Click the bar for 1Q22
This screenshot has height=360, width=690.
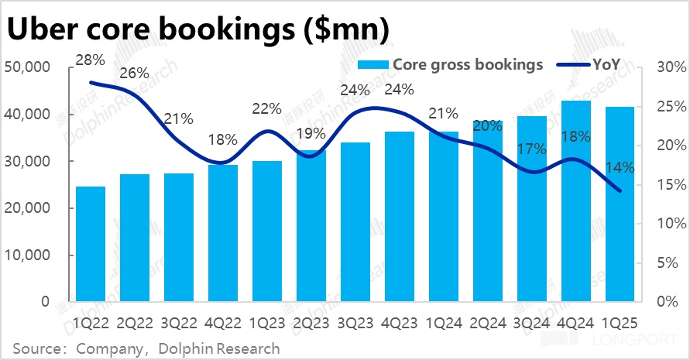click(x=90, y=244)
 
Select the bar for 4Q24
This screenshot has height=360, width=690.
click(x=576, y=201)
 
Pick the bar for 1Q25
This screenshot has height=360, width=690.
click(x=620, y=204)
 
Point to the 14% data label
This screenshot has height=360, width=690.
click(x=620, y=166)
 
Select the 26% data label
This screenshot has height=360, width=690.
click(x=134, y=74)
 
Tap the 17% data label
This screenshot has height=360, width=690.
click(x=532, y=149)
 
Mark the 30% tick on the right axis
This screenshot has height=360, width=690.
click(x=670, y=68)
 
